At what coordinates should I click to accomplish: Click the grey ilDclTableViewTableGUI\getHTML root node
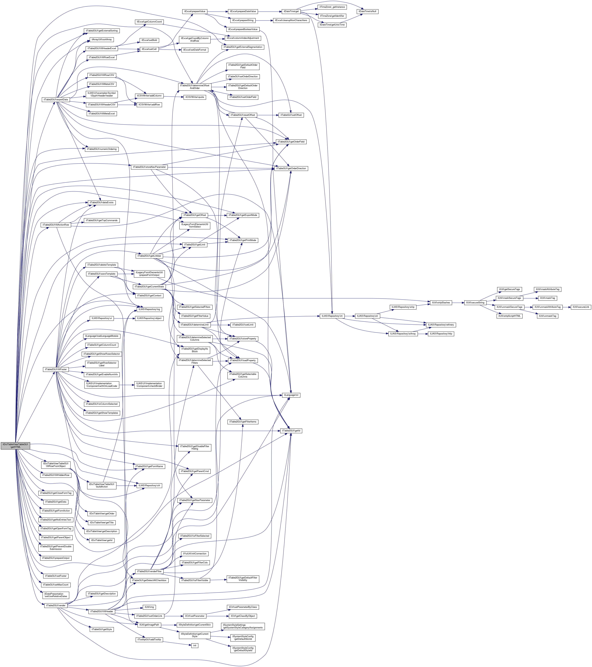coord(15,445)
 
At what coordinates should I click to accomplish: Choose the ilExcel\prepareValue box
coord(194,11)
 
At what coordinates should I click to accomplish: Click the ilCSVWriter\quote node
coord(195,97)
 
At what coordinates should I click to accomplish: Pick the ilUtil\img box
coord(149,607)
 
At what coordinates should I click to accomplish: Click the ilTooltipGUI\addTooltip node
coord(149,640)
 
